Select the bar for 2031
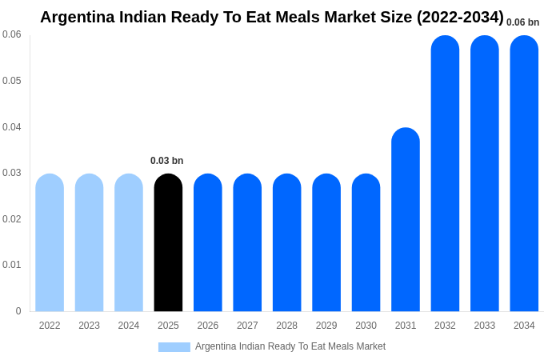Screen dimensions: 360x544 coord(406,219)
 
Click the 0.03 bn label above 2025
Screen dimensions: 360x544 coord(167,161)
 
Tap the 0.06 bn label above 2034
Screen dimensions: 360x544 coord(522,22)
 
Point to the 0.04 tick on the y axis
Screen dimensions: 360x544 coord(12,127)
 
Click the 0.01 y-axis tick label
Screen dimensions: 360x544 coord(12,265)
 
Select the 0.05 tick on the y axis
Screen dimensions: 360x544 coord(12,81)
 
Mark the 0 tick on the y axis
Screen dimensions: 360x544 coord(18,311)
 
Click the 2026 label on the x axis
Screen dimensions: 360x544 coord(208,326)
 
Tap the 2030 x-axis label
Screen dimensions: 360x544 coord(366,326)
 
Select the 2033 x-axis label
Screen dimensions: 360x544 coord(485,326)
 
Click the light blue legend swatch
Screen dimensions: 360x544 coord(174,347)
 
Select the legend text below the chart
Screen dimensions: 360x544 coord(290,346)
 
